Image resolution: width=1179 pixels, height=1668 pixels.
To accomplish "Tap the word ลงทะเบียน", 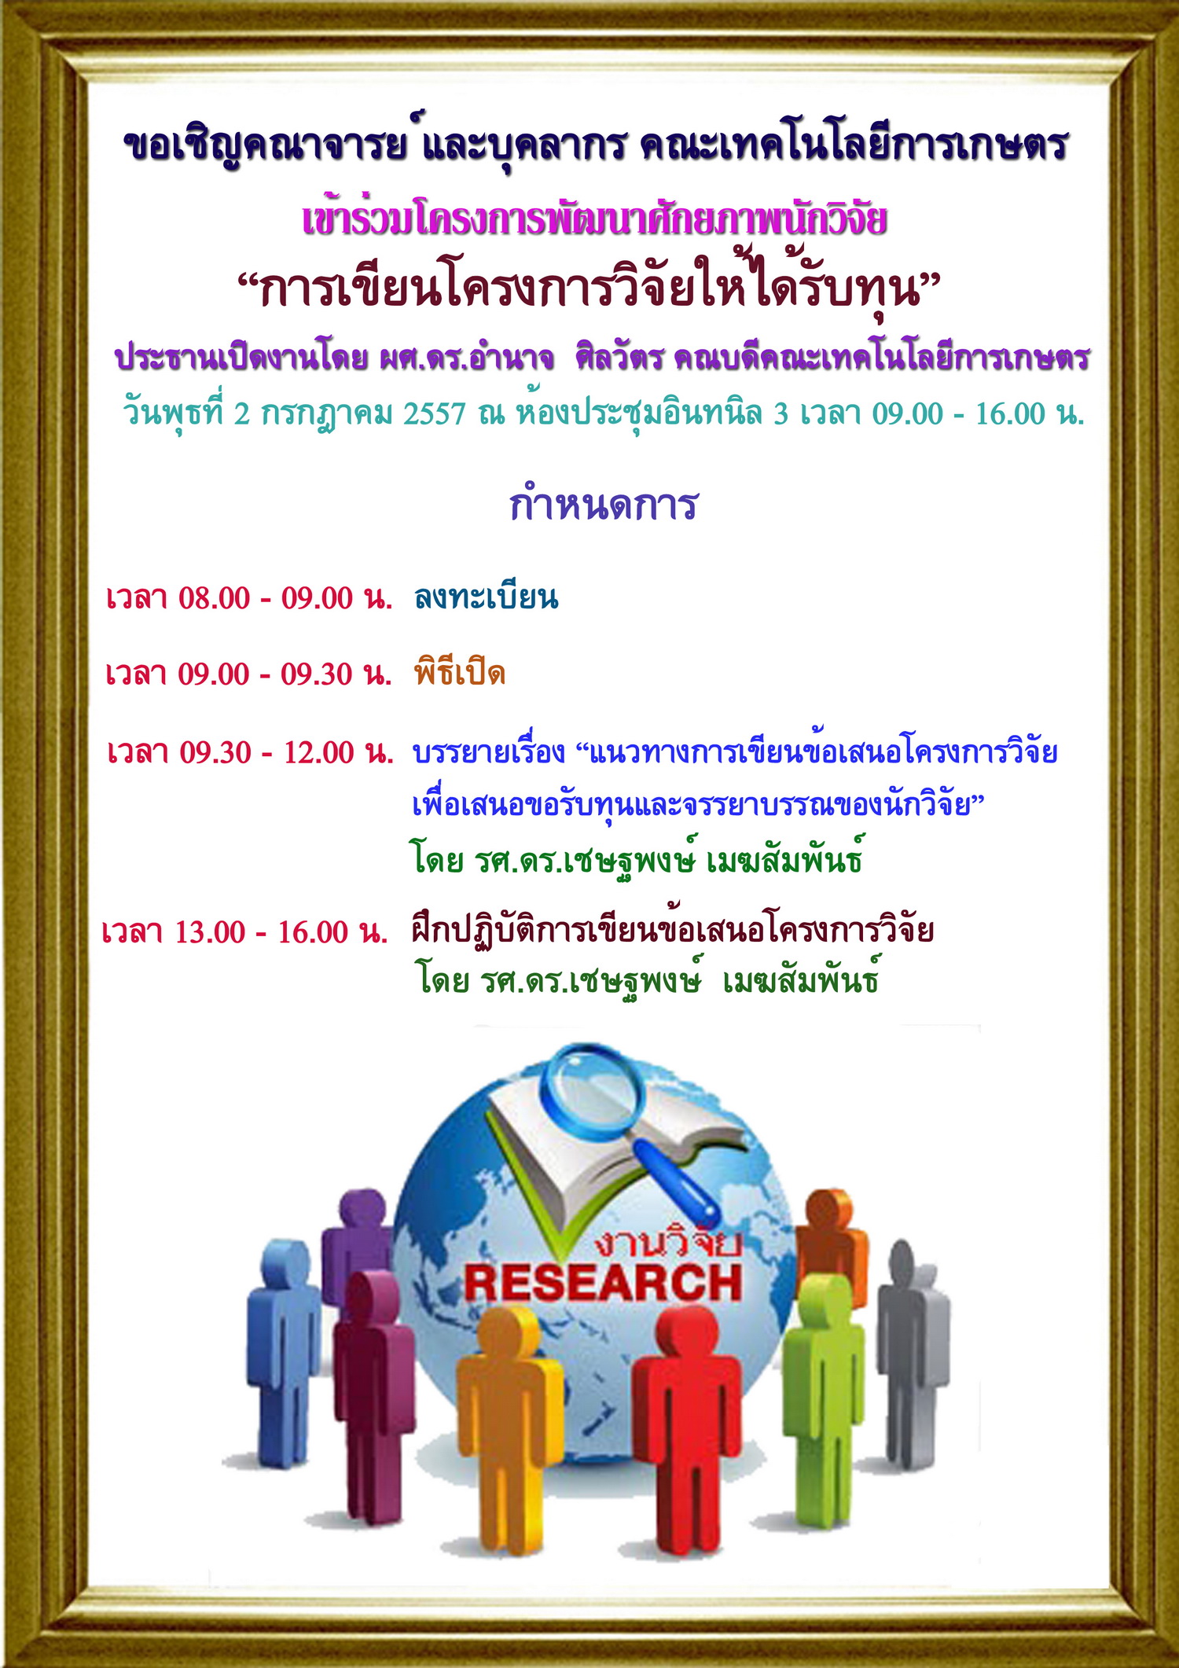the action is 486,597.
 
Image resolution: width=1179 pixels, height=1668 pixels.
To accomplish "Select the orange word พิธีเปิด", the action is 460,672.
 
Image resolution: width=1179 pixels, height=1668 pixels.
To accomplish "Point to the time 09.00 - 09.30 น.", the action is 285,674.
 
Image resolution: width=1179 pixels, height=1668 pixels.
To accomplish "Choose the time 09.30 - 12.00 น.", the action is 287,753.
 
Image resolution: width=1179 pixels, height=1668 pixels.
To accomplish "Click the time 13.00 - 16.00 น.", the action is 281,932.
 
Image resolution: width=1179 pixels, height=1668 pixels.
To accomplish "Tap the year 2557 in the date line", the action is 435,413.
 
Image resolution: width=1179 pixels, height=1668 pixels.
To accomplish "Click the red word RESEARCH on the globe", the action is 603,1284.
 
